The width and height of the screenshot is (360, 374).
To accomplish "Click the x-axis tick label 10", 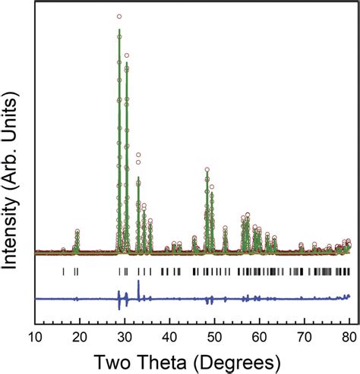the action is tap(35, 337).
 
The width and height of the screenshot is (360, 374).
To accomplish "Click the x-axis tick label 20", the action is tap(80, 337).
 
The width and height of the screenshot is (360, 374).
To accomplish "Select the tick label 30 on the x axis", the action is tap(125, 337).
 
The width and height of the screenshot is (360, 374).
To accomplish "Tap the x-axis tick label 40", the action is tap(169, 337).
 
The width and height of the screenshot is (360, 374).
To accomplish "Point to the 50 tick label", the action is tap(214, 337).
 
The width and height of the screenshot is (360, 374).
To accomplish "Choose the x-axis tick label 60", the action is tap(259, 337).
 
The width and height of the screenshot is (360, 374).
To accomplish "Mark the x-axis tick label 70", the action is tap(305, 337).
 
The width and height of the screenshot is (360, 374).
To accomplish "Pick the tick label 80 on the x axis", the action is tap(349, 337).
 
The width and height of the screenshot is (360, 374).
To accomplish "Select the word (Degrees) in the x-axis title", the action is tap(237, 363).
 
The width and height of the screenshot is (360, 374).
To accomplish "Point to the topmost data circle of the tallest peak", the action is tap(119, 17).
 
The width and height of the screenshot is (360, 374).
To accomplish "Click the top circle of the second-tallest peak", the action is tap(127, 55).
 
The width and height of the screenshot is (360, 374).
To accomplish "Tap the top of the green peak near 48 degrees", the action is tap(207, 172).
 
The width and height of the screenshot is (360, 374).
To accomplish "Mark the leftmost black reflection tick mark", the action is tap(63, 272).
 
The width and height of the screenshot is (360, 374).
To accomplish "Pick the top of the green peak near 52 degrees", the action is tap(225, 230).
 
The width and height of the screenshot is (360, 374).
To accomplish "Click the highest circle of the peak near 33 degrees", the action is tap(138, 155).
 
